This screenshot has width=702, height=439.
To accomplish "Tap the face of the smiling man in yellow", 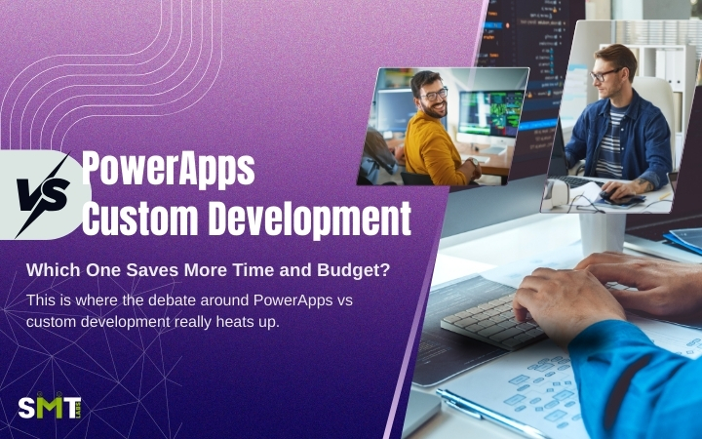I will tap(432, 96).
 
